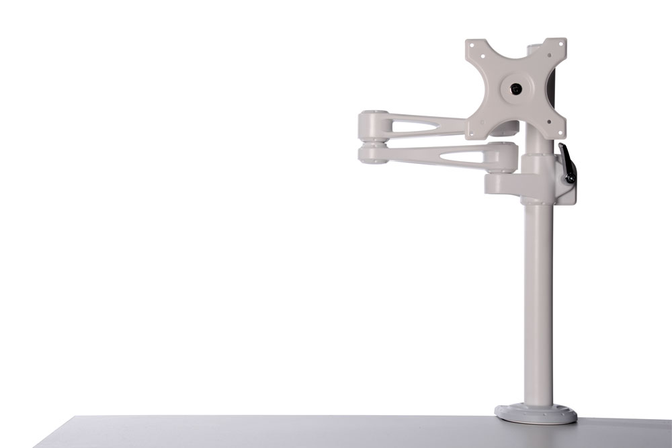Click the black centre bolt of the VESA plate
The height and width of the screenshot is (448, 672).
515,88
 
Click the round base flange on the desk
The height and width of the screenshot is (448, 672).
536,412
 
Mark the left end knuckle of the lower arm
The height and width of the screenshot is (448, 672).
372,154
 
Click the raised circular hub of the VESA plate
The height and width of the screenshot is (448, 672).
515,88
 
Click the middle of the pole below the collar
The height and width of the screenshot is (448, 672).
538,302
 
